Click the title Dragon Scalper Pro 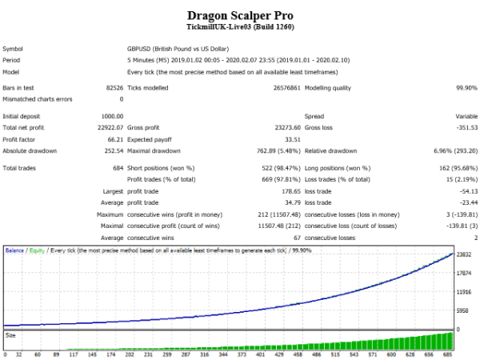(x=239, y=14)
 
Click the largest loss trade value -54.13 (x=465, y=193)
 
